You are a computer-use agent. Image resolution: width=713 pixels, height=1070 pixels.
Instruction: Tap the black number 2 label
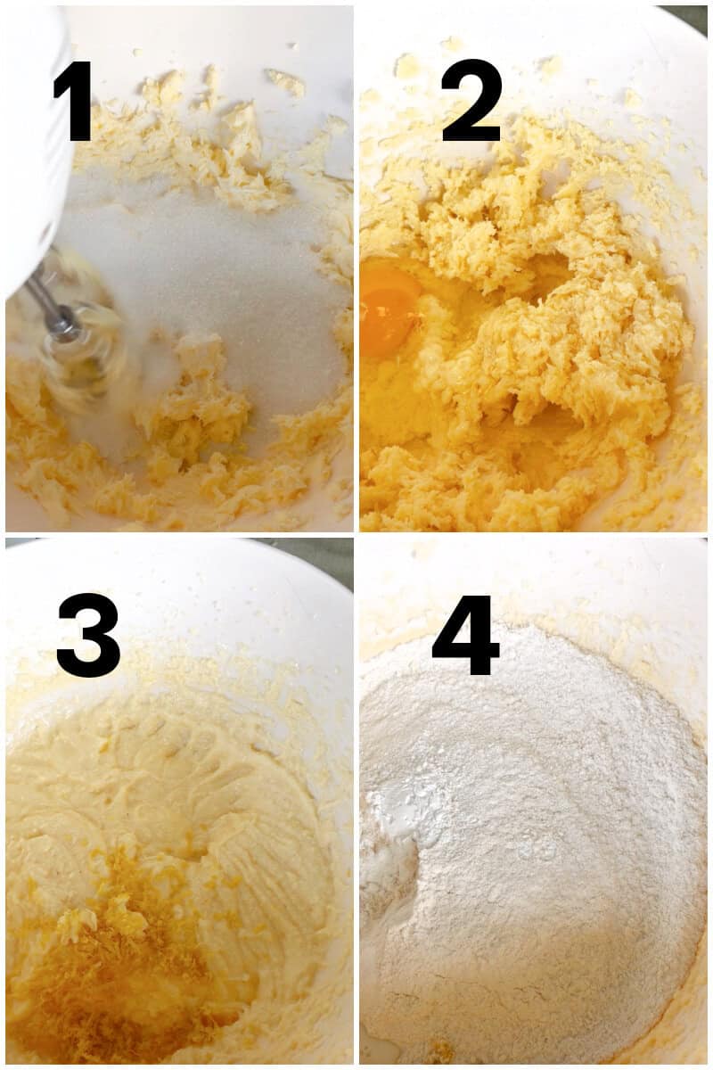point(472,101)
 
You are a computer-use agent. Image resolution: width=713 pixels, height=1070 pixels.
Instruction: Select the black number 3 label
point(88,635)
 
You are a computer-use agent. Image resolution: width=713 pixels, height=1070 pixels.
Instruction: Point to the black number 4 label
point(466,635)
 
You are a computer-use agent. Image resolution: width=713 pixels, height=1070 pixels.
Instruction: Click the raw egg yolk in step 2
point(390,308)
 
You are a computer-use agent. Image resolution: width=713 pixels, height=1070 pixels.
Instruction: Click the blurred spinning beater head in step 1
point(85,352)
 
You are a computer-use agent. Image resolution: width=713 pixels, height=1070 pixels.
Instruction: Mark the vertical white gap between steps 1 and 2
point(356,267)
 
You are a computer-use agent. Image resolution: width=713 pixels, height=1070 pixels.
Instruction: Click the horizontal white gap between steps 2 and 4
point(535,534)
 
